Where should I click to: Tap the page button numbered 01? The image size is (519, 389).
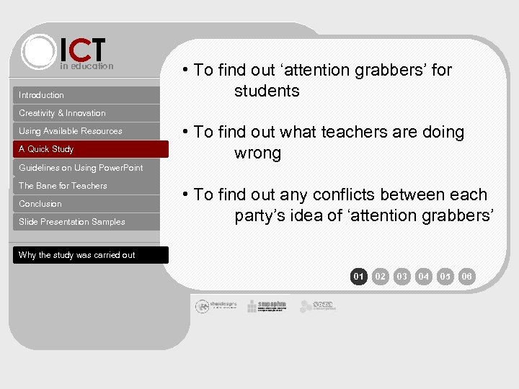[359, 276]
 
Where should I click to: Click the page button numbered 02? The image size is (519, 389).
[381, 276]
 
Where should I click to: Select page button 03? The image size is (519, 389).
[402, 276]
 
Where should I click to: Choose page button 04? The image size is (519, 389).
[424, 276]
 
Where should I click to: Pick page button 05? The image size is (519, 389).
[445, 276]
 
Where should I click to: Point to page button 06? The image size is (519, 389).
[467, 276]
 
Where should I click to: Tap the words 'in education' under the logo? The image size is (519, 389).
[86, 66]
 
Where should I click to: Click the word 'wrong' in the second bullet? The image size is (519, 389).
[257, 153]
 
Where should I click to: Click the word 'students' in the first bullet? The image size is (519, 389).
[267, 91]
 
